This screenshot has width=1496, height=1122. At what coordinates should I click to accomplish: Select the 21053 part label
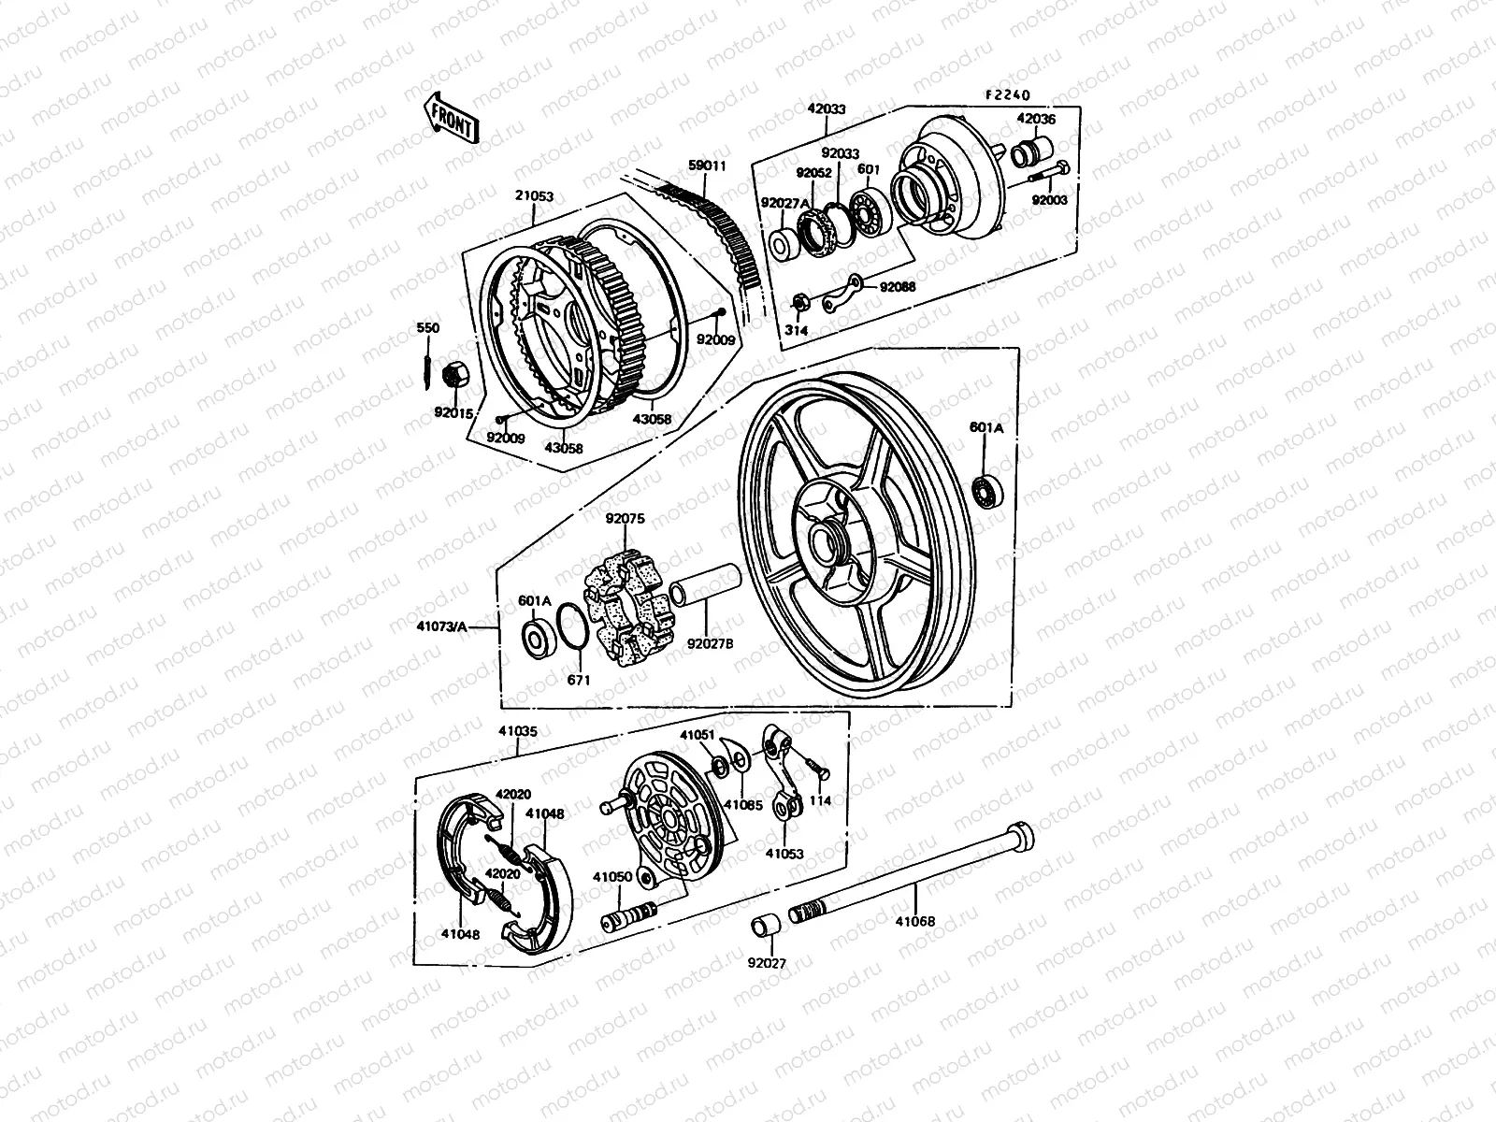(534, 196)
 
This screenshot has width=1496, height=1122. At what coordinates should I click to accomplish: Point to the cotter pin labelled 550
(428, 366)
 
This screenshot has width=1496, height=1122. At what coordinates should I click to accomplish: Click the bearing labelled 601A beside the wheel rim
(986, 490)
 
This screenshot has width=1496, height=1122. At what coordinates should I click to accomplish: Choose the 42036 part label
(1035, 119)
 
